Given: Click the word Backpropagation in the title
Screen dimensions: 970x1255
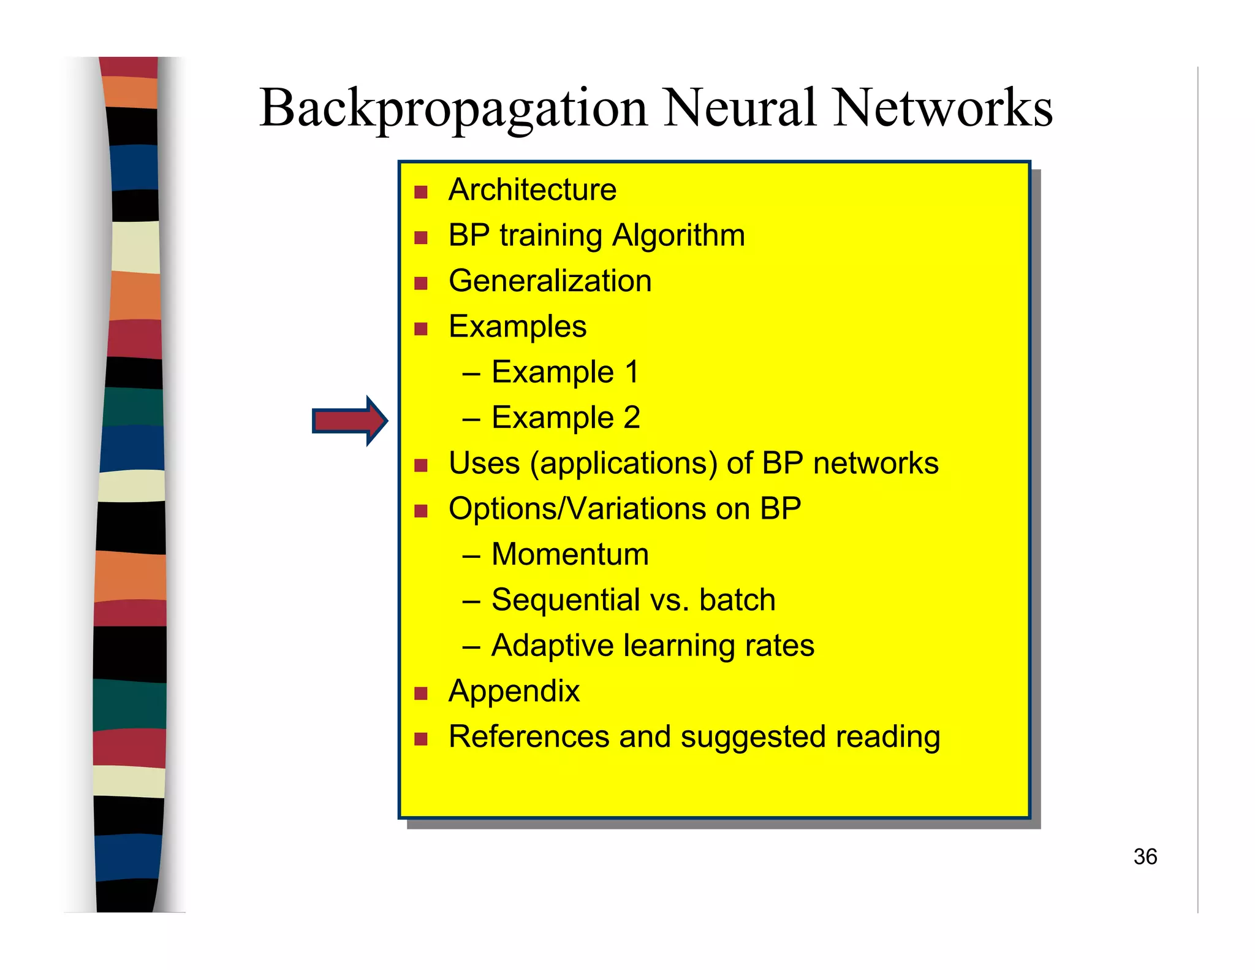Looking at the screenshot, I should [453, 109].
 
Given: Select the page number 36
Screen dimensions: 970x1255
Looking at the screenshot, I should [1145, 857].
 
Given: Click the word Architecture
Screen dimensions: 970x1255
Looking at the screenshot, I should [532, 189].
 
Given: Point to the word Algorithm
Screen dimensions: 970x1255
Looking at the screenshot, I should [678, 236].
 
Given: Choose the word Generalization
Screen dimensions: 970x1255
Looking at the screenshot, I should [550, 281].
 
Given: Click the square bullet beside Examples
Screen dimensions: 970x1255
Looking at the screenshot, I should [420, 329].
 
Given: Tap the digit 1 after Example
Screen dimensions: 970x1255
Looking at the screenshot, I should [632, 372].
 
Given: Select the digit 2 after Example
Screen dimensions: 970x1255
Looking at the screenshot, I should [632, 418].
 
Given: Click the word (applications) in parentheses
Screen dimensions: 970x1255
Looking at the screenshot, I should [623, 464].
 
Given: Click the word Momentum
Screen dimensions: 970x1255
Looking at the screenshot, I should [570, 554].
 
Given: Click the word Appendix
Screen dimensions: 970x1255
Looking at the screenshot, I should [514, 692].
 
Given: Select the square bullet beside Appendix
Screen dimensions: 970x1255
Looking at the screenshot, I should [420, 693].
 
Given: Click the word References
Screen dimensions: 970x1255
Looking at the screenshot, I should [528, 736].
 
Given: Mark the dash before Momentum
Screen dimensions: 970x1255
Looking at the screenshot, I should [471, 556].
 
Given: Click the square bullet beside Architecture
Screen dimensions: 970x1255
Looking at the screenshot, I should [420, 193].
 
